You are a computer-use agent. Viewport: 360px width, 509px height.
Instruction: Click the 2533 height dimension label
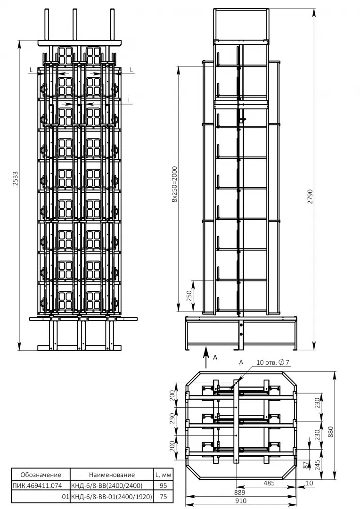[15, 179]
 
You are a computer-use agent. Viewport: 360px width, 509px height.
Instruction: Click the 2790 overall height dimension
[311, 197]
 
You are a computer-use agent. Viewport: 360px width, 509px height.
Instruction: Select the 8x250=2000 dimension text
[175, 184]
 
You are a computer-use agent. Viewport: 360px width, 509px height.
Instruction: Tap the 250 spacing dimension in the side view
[189, 296]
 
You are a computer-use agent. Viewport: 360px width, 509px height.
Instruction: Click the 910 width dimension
[241, 501]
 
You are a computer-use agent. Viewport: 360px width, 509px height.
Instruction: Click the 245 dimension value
[317, 465]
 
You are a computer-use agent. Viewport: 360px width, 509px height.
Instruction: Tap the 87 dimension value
[305, 465]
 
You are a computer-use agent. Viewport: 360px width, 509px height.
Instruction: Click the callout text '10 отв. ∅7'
[273, 362]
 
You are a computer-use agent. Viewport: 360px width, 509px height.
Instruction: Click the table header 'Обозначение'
[41, 475]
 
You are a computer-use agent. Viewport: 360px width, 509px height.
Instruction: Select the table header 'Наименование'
[112, 475]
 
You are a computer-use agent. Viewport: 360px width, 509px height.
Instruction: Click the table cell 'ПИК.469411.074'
[37, 485]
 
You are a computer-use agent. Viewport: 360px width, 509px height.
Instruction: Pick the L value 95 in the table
[164, 485]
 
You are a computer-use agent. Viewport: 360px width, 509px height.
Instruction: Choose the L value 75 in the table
[164, 497]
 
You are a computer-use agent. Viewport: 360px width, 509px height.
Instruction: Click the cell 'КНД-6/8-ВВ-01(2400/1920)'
[111, 497]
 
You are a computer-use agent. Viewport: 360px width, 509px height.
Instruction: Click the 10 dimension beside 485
[310, 483]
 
